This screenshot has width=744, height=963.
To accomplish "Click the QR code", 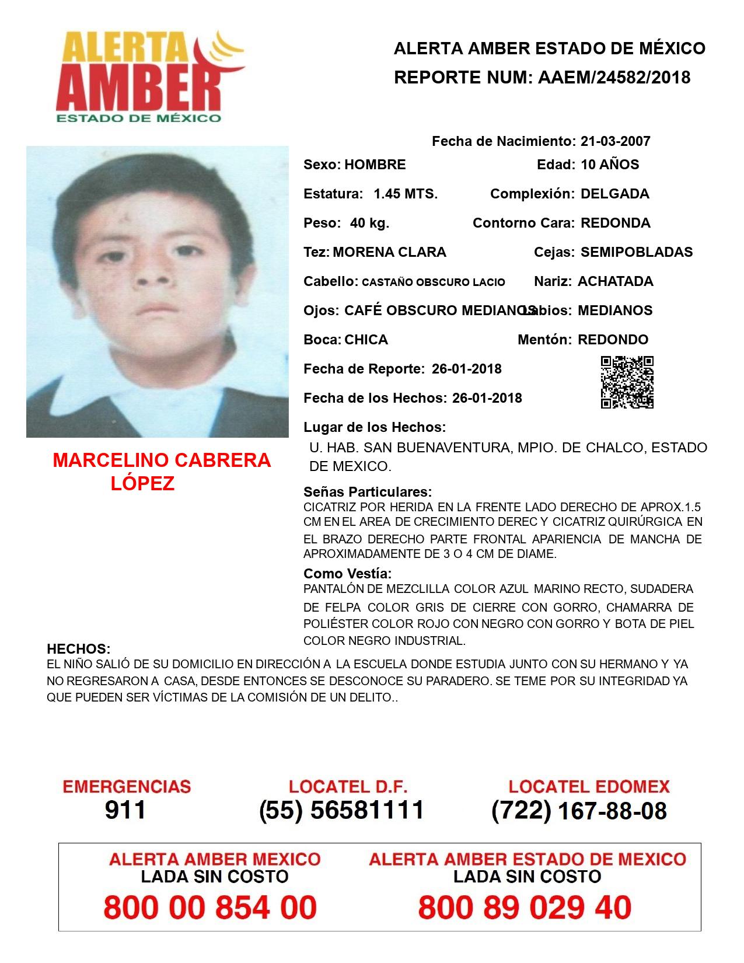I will tap(627, 382).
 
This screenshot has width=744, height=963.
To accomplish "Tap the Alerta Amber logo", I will tap(149, 76).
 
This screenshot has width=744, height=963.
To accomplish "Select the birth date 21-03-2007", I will tap(615, 141).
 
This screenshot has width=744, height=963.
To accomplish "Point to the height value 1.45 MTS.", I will tap(406, 194).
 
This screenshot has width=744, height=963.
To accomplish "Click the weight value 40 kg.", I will tap(369, 223).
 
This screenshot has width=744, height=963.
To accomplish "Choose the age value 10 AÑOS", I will tap(610, 165).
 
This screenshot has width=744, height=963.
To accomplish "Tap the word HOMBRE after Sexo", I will tap(375, 165).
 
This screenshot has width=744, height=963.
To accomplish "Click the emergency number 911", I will tap(125, 810).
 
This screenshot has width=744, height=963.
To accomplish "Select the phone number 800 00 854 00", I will tap(210, 908).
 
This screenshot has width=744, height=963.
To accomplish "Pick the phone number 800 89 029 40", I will tap(525, 908).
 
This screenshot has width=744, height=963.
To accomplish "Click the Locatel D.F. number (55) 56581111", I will tap(341, 810).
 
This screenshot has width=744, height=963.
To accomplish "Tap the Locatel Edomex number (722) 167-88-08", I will tap(579, 811).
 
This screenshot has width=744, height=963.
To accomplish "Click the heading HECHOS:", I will tap(78, 649).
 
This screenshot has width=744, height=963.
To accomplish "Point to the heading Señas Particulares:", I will tap(368, 491).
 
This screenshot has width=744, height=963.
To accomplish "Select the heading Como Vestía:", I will tap(348, 573).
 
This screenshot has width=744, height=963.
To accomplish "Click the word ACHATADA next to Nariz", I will tap(615, 281).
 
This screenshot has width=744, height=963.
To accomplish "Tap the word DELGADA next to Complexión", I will tap(614, 194).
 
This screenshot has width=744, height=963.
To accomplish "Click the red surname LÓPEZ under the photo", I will tap(142, 484).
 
